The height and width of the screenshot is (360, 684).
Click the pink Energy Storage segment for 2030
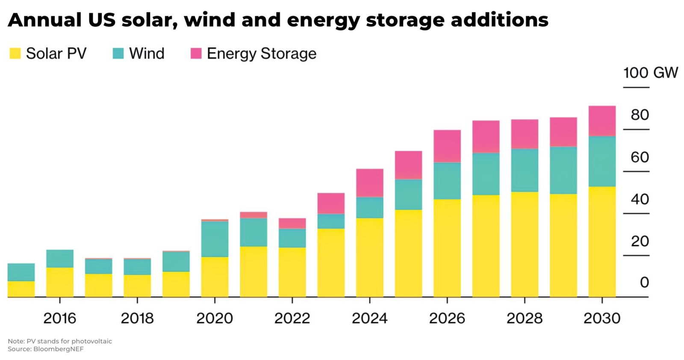click(601, 121)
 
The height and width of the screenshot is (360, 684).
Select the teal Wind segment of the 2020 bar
click(215, 239)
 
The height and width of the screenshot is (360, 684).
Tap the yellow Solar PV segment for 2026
click(447, 248)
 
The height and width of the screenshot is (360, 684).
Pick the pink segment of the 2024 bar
click(369, 183)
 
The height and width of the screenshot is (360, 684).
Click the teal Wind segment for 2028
click(524, 170)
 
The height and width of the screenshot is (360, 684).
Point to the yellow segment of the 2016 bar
click(60, 282)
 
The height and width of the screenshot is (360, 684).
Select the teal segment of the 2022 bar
click(292, 238)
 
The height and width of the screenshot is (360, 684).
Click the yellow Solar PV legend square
click(15, 53)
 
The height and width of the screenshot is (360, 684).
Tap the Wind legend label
click(147, 53)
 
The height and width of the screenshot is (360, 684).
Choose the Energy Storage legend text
click(261, 53)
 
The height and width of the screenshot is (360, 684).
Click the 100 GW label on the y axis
click(650, 73)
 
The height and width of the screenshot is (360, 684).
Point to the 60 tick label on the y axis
click(640, 157)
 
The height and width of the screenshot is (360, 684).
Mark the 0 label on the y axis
click(644, 282)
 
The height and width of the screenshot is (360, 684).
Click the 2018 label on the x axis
click(137, 318)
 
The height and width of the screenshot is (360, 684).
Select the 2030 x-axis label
click(601, 318)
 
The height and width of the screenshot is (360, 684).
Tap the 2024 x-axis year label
click(369, 318)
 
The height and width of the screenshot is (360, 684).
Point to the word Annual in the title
click(44, 20)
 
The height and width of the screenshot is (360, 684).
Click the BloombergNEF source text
click(58, 349)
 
